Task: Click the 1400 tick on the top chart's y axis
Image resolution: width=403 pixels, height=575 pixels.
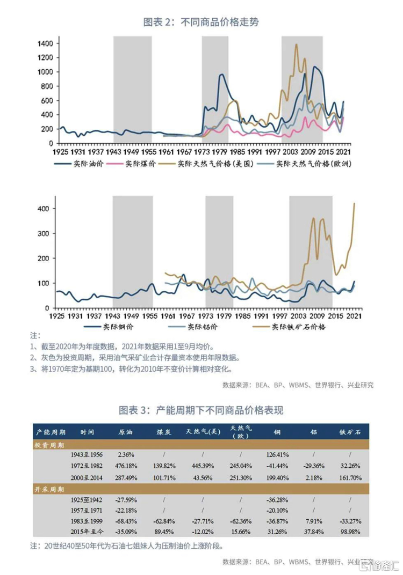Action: [45, 43]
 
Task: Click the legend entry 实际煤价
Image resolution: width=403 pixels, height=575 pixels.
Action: [141, 164]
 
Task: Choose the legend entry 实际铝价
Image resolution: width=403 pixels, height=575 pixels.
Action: [201, 327]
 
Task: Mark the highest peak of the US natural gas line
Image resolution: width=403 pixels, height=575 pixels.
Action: [297, 45]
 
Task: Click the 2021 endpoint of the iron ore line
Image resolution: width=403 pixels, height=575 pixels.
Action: [354, 203]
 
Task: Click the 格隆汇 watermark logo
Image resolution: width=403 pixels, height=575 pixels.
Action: [379, 565]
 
